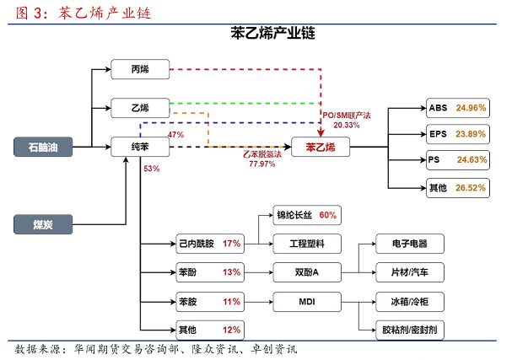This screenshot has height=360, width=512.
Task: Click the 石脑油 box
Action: pyautogui.click(x=43, y=148)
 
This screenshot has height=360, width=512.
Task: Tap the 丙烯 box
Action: pyautogui.click(x=140, y=68)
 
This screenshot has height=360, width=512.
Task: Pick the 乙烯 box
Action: pyautogui.click(x=140, y=107)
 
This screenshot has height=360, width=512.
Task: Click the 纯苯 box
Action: pyautogui.click(x=140, y=148)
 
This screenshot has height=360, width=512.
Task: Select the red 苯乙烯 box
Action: pyautogui.click(x=321, y=148)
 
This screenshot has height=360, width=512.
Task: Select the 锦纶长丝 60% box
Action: pyautogui.click(x=306, y=215)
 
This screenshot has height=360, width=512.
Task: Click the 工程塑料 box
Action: pyautogui.click(x=306, y=244)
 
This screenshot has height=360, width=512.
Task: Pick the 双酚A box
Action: pyautogui.click(x=306, y=272)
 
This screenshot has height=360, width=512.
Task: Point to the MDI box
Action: pyautogui.click(x=306, y=300)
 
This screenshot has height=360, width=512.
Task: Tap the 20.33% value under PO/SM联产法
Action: pyautogui.click(x=346, y=125)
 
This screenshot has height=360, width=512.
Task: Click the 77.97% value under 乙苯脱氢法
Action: pyautogui.click(x=261, y=164)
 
